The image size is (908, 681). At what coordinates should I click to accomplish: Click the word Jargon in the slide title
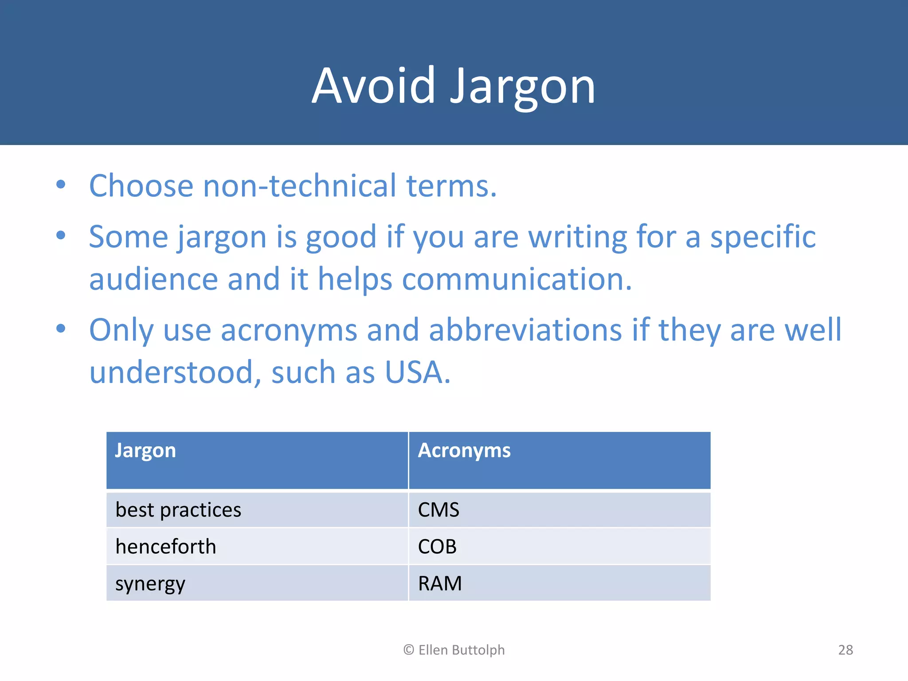point(523,86)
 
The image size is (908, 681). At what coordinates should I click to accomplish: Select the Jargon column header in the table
point(145,450)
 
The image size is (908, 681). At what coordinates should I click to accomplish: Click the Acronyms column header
point(464,450)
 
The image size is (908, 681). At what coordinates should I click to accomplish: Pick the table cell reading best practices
point(178,510)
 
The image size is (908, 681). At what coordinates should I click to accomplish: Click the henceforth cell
point(166,547)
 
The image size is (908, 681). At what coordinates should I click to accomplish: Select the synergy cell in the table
point(150,584)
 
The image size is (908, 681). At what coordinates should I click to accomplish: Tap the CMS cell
point(438,510)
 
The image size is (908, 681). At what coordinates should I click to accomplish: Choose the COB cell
point(437,547)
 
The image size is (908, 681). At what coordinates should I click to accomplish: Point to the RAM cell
point(440,583)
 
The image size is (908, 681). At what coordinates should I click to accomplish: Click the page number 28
point(845,650)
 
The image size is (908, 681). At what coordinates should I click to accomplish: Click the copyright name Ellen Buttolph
point(461,650)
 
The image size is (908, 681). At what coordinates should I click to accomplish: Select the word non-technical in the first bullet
point(299,186)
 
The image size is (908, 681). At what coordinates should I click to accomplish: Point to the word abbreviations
point(525,330)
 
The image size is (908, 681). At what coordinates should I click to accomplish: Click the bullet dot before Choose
point(61,184)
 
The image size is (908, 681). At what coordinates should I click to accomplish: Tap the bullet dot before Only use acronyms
point(61,329)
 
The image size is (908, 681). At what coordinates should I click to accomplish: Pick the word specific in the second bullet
point(763,237)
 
